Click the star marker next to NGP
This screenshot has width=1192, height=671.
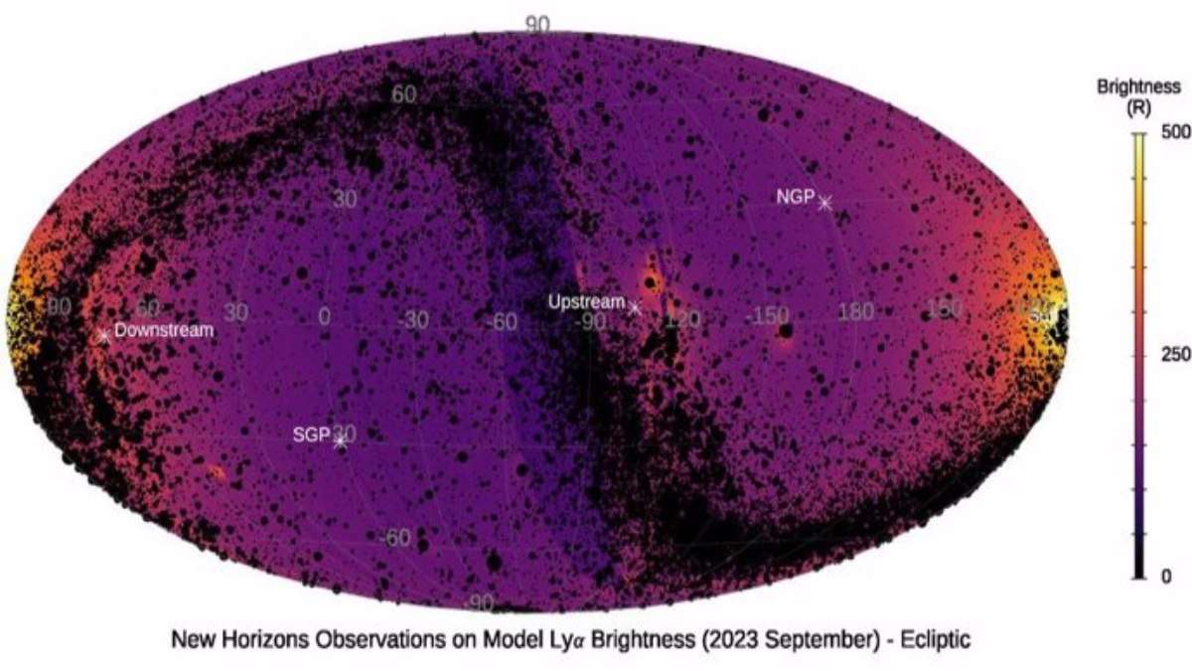pyautogui.click(x=823, y=203)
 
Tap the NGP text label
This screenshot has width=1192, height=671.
pyautogui.click(x=795, y=196)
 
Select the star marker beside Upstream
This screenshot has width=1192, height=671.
pyautogui.click(x=636, y=308)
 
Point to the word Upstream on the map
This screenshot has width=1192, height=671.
pyautogui.click(x=587, y=302)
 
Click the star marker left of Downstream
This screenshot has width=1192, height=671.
pyautogui.click(x=103, y=335)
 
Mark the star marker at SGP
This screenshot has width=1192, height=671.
pyautogui.click(x=340, y=440)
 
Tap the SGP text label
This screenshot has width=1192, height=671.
pyautogui.click(x=310, y=434)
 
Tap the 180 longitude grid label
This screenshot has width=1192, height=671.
pyautogui.click(x=857, y=314)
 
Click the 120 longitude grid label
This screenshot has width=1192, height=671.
pyautogui.click(x=682, y=319)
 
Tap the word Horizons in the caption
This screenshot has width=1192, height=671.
pyautogui.click(x=254, y=640)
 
